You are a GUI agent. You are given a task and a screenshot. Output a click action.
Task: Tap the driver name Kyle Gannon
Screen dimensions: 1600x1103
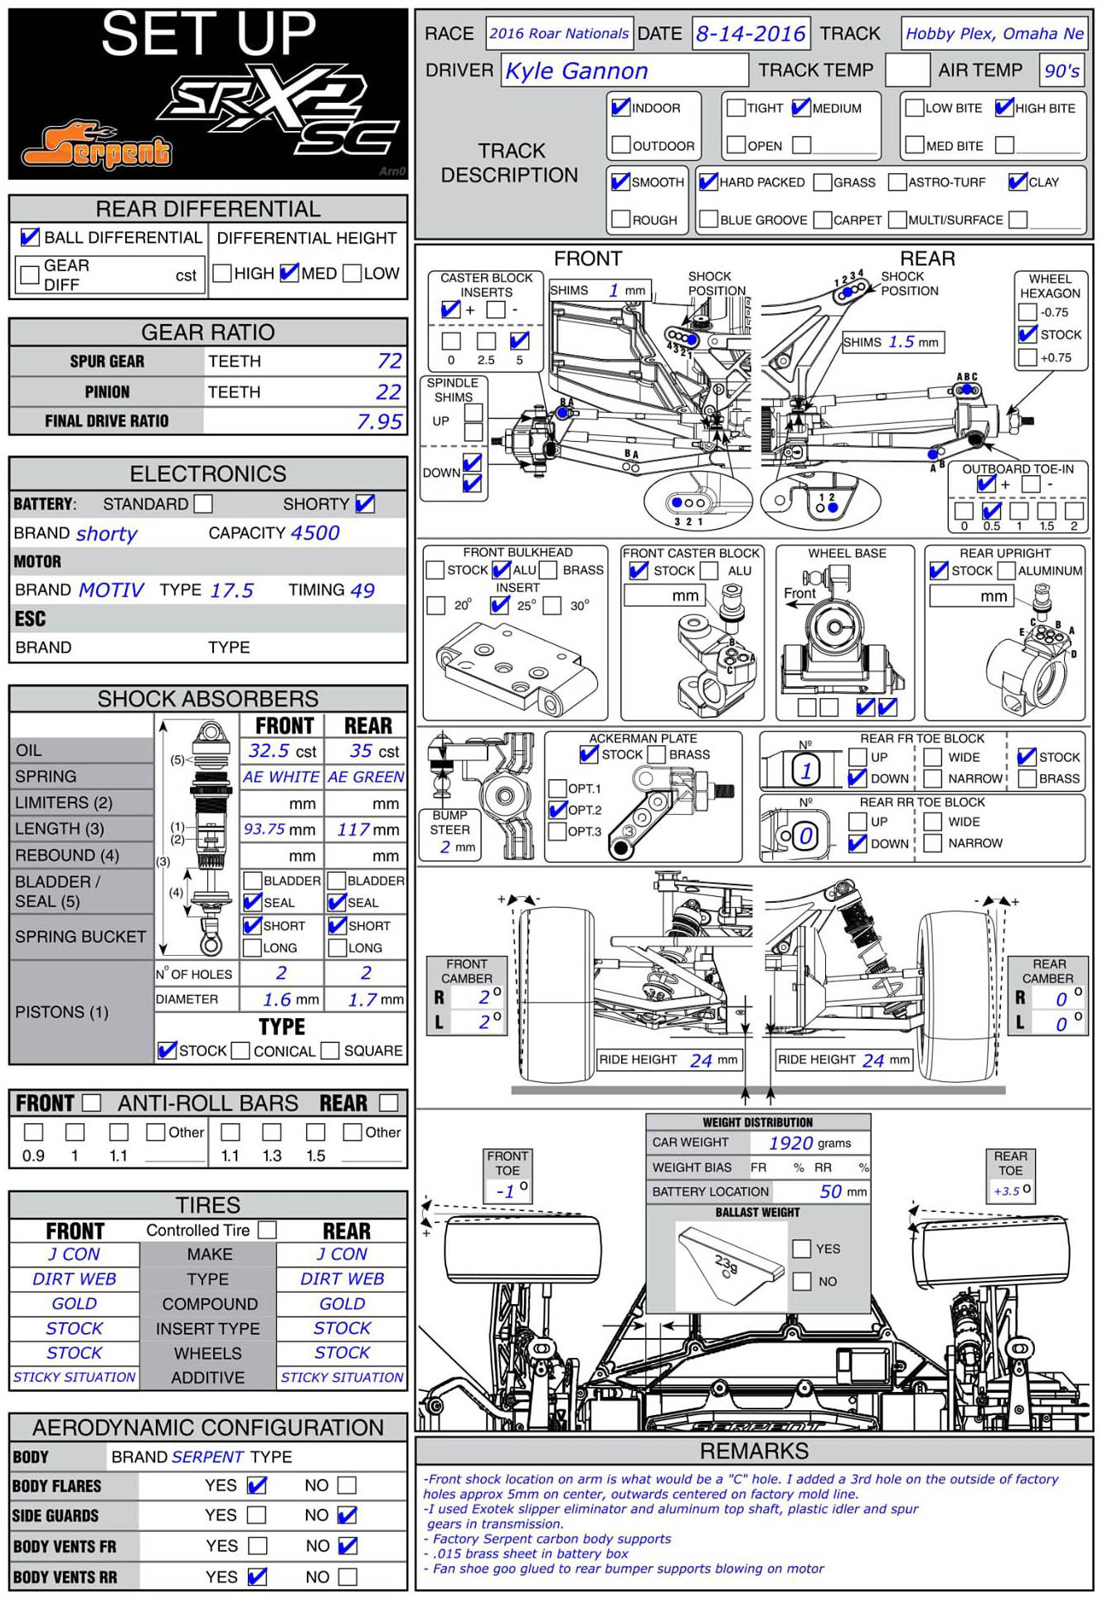point(576,71)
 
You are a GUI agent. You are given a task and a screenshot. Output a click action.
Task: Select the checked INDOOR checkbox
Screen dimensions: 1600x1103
point(620,108)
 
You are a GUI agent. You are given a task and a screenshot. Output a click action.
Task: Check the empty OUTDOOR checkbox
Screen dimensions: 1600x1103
point(620,145)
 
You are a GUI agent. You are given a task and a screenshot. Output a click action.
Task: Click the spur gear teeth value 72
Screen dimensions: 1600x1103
point(389,361)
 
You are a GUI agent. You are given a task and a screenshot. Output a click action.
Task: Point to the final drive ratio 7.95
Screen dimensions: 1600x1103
point(379,422)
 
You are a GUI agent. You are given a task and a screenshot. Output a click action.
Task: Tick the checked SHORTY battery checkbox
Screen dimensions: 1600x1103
point(364,504)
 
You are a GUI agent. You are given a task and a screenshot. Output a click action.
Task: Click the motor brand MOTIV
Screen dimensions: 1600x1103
point(111,590)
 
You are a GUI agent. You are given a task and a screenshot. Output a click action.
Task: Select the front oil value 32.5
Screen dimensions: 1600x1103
point(270,751)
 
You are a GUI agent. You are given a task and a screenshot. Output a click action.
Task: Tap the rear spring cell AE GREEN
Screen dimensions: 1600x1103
point(366,778)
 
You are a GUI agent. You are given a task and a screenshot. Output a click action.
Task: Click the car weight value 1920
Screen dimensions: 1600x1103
point(790,1143)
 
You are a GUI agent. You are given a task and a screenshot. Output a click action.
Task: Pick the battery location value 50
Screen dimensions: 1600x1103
point(830,1191)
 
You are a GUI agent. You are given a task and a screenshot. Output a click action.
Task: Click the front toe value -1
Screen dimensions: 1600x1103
point(505,1191)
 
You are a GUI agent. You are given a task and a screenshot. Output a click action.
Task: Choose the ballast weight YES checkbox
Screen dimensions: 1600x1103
point(801,1248)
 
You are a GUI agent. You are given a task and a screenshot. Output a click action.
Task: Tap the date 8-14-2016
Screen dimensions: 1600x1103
point(751,34)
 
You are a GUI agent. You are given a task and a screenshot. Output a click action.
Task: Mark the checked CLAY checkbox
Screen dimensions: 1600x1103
point(1018,182)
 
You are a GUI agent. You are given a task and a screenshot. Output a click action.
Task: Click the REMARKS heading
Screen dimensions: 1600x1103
point(754,1451)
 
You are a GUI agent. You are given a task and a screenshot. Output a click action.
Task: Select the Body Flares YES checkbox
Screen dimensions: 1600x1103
point(257,1486)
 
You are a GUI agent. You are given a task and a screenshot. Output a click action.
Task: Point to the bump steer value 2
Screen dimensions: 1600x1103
point(445,847)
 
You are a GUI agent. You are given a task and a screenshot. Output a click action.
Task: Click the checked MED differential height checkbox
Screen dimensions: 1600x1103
point(289,273)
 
